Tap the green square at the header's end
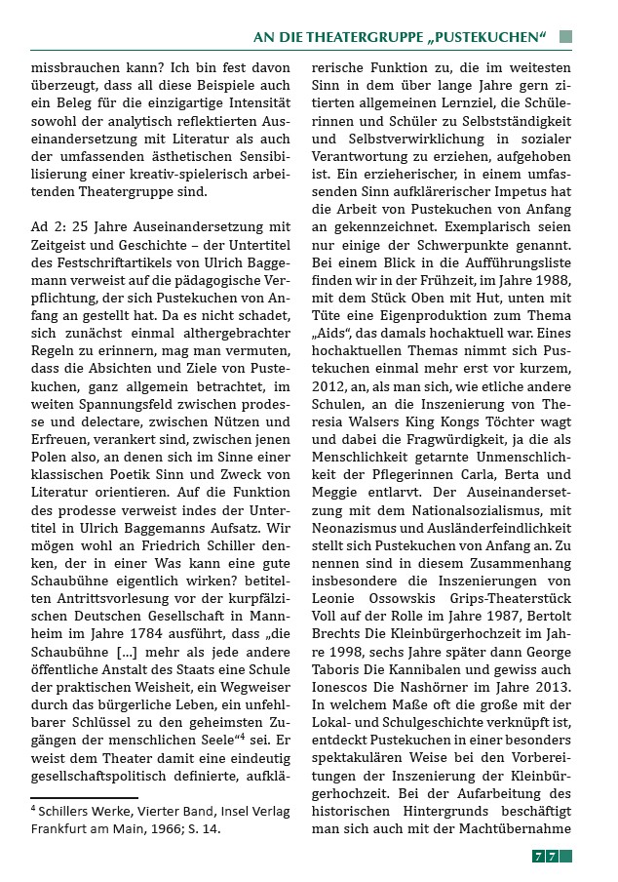click(565, 37)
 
